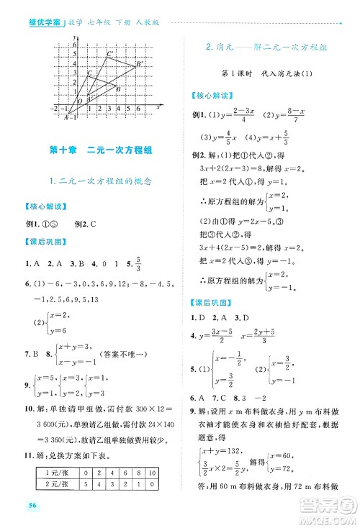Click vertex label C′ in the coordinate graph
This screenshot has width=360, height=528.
tap(110, 55)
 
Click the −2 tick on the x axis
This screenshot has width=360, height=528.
tap(52, 109)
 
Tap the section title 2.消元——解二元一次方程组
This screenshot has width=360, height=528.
tap(266, 47)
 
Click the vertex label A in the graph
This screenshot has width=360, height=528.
tap(65, 117)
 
